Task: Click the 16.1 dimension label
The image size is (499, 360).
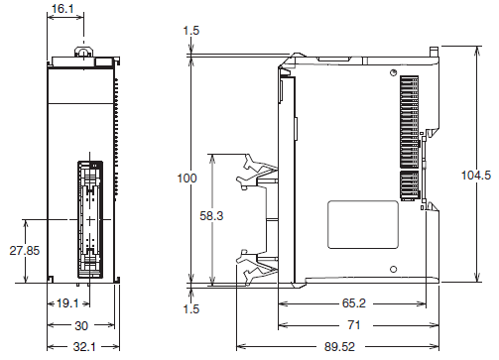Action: point(62,9)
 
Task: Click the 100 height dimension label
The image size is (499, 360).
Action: point(187,179)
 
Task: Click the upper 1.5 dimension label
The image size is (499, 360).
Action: point(190,31)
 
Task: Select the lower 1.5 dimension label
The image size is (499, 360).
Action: point(190,308)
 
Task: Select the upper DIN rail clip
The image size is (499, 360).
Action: point(255,174)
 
